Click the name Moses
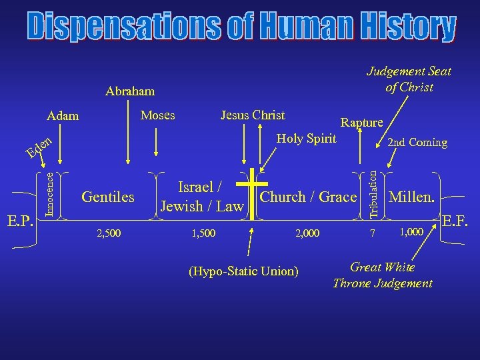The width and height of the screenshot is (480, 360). point(158,115)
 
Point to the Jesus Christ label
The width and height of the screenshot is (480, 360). point(253,115)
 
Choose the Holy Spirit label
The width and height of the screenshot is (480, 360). point(307,139)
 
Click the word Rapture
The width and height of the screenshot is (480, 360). point(361,122)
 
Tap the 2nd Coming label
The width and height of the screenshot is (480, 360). point(417,143)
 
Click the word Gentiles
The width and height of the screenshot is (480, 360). point(107,197)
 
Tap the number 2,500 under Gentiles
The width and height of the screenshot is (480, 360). point(110,233)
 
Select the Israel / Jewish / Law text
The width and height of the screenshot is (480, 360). point(201,197)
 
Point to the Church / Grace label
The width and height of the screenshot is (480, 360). point(308,197)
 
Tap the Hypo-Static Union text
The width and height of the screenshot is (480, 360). point(243,271)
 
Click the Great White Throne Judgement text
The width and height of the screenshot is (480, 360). point(383,275)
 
